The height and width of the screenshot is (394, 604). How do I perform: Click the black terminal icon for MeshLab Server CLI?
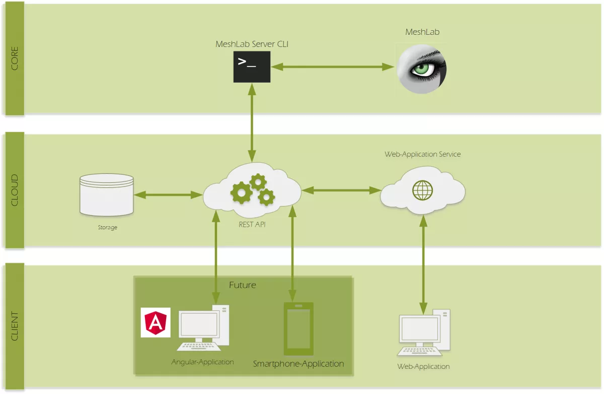[x=252, y=67]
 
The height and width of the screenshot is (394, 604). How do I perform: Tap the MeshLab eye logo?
[x=421, y=68]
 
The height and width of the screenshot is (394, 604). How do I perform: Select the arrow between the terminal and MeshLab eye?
[x=333, y=67]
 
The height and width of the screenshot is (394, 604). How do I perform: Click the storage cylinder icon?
[x=107, y=194]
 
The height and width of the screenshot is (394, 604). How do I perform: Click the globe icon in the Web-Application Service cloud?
[x=422, y=190]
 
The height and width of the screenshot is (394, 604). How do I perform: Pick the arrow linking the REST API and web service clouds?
[x=341, y=190]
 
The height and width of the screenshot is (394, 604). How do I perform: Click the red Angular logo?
[x=156, y=322]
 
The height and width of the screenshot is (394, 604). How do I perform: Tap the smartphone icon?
[x=298, y=329]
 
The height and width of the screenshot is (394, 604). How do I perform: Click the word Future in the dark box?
[x=243, y=285]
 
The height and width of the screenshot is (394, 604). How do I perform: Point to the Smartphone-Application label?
[x=298, y=364]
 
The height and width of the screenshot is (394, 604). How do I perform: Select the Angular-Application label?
[x=202, y=362]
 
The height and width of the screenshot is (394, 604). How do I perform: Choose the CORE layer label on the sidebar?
[x=14, y=58]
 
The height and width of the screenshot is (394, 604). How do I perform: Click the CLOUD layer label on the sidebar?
[x=14, y=190]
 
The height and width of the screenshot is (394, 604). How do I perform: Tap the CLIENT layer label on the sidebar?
[x=14, y=326]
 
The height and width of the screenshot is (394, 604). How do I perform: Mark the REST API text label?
[x=252, y=225]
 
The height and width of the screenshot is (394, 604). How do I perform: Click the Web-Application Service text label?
[x=422, y=154]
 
